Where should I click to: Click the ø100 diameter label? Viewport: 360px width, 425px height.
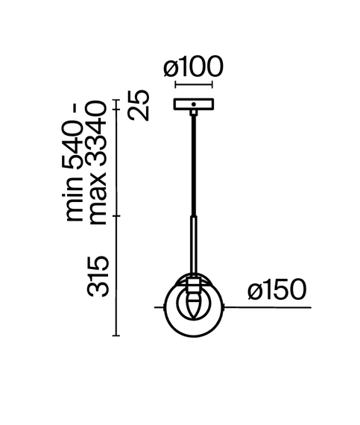pos(193,68)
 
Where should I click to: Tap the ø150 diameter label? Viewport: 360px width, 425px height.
pos(277,290)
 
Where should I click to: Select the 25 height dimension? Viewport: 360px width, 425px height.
pos(139,105)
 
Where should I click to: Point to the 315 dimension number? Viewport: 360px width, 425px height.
pos(100,276)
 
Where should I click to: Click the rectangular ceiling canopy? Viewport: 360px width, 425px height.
pos(193,105)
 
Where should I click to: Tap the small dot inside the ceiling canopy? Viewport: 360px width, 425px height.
pos(193,104)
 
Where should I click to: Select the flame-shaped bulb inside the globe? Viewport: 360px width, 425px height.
pos(194,304)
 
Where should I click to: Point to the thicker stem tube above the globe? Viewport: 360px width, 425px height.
pos(194,242)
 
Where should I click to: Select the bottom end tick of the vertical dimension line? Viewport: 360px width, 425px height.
pos(116,336)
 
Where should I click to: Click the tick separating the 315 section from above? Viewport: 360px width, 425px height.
pos(116,217)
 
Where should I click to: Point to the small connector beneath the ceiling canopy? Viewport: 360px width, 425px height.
pos(194,113)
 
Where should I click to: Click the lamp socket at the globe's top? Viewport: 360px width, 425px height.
pos(194,284)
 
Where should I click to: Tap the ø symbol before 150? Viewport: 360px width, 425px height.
pos(254,290)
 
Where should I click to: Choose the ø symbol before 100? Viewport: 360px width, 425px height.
pos(170,68)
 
